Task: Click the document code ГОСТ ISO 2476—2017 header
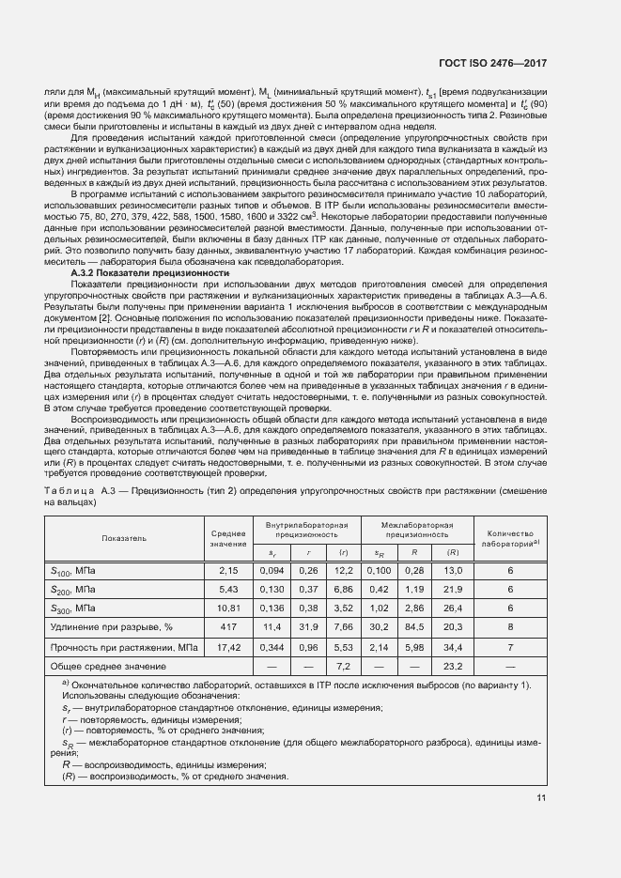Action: [x=492, y=64]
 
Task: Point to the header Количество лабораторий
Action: [x=510, y=538]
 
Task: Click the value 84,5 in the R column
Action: [x=412, y=624]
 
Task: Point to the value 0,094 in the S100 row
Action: [x=272, y=570]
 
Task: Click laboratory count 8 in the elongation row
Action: [x=510, y=624]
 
